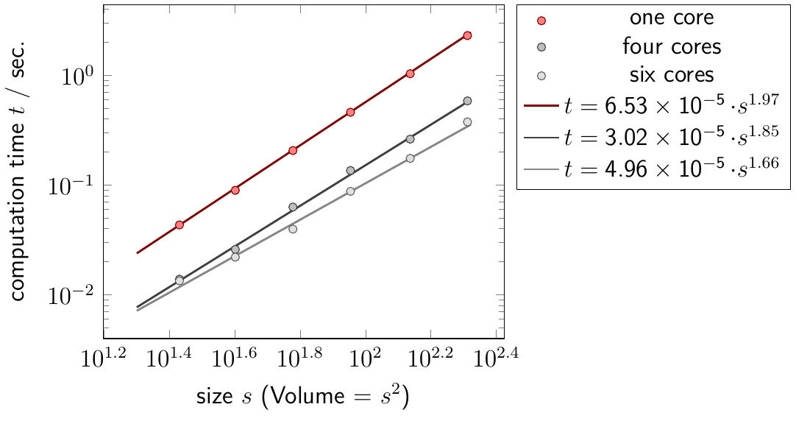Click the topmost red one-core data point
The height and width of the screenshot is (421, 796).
(467, 35)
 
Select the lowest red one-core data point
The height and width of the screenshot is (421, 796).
(179, 224)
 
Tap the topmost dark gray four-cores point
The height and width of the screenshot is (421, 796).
(467, 101)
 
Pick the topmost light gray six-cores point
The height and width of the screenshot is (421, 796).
(467, 122)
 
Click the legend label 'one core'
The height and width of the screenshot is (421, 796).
(672, 18)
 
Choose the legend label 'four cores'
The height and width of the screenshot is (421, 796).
(672, 47)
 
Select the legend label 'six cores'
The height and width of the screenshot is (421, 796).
(672, 75)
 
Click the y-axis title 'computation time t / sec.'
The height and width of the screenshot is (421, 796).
(18, 169)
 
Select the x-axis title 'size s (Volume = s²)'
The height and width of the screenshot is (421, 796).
(302, 398)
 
